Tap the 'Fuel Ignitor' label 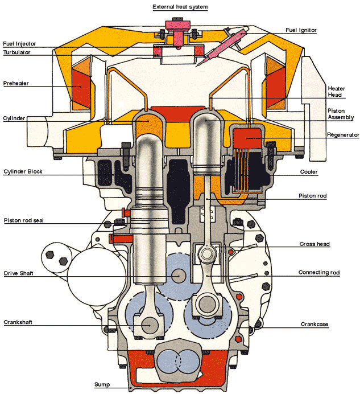301,30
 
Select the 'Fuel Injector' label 19,43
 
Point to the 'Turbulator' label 17,52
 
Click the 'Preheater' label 16,83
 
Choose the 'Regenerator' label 343,135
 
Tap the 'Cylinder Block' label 23,171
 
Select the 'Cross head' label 315,244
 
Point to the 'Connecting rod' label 319,273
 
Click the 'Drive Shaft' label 19,273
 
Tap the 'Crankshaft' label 18,322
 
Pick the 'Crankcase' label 315,325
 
